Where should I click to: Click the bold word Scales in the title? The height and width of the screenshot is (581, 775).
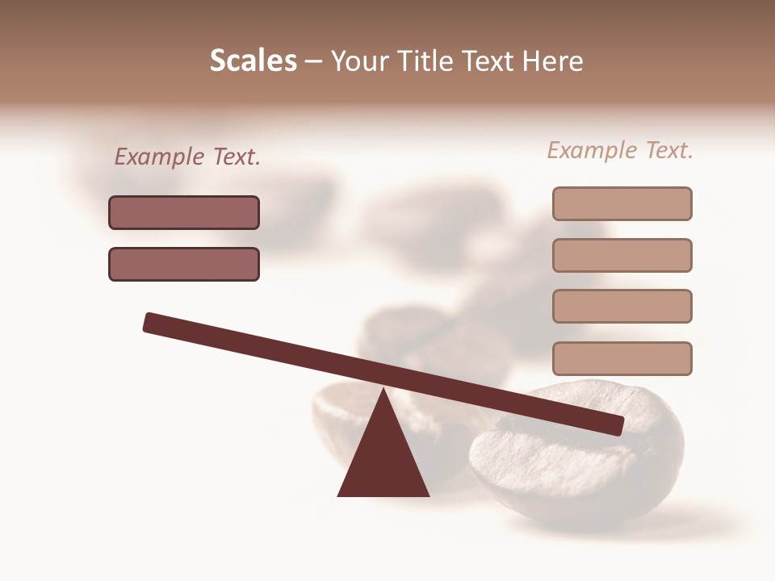253,61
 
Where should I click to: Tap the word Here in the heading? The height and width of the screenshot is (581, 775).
553,61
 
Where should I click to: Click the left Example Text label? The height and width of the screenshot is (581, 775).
187,157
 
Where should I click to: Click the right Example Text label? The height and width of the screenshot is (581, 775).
620,151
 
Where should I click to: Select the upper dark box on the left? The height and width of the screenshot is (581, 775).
184,213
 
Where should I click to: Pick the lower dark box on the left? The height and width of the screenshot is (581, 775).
184,265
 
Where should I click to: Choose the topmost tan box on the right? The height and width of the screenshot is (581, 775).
622,203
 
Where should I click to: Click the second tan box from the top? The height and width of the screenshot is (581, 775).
622,255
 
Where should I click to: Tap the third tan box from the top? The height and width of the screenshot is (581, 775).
622,306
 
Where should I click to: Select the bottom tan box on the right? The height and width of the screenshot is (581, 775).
622,358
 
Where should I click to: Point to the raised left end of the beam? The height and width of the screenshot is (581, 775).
150,323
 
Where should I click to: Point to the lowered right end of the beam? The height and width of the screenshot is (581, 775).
617,424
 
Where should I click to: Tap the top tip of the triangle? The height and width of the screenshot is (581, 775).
383,391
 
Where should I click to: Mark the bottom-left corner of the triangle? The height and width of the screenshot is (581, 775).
339,495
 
